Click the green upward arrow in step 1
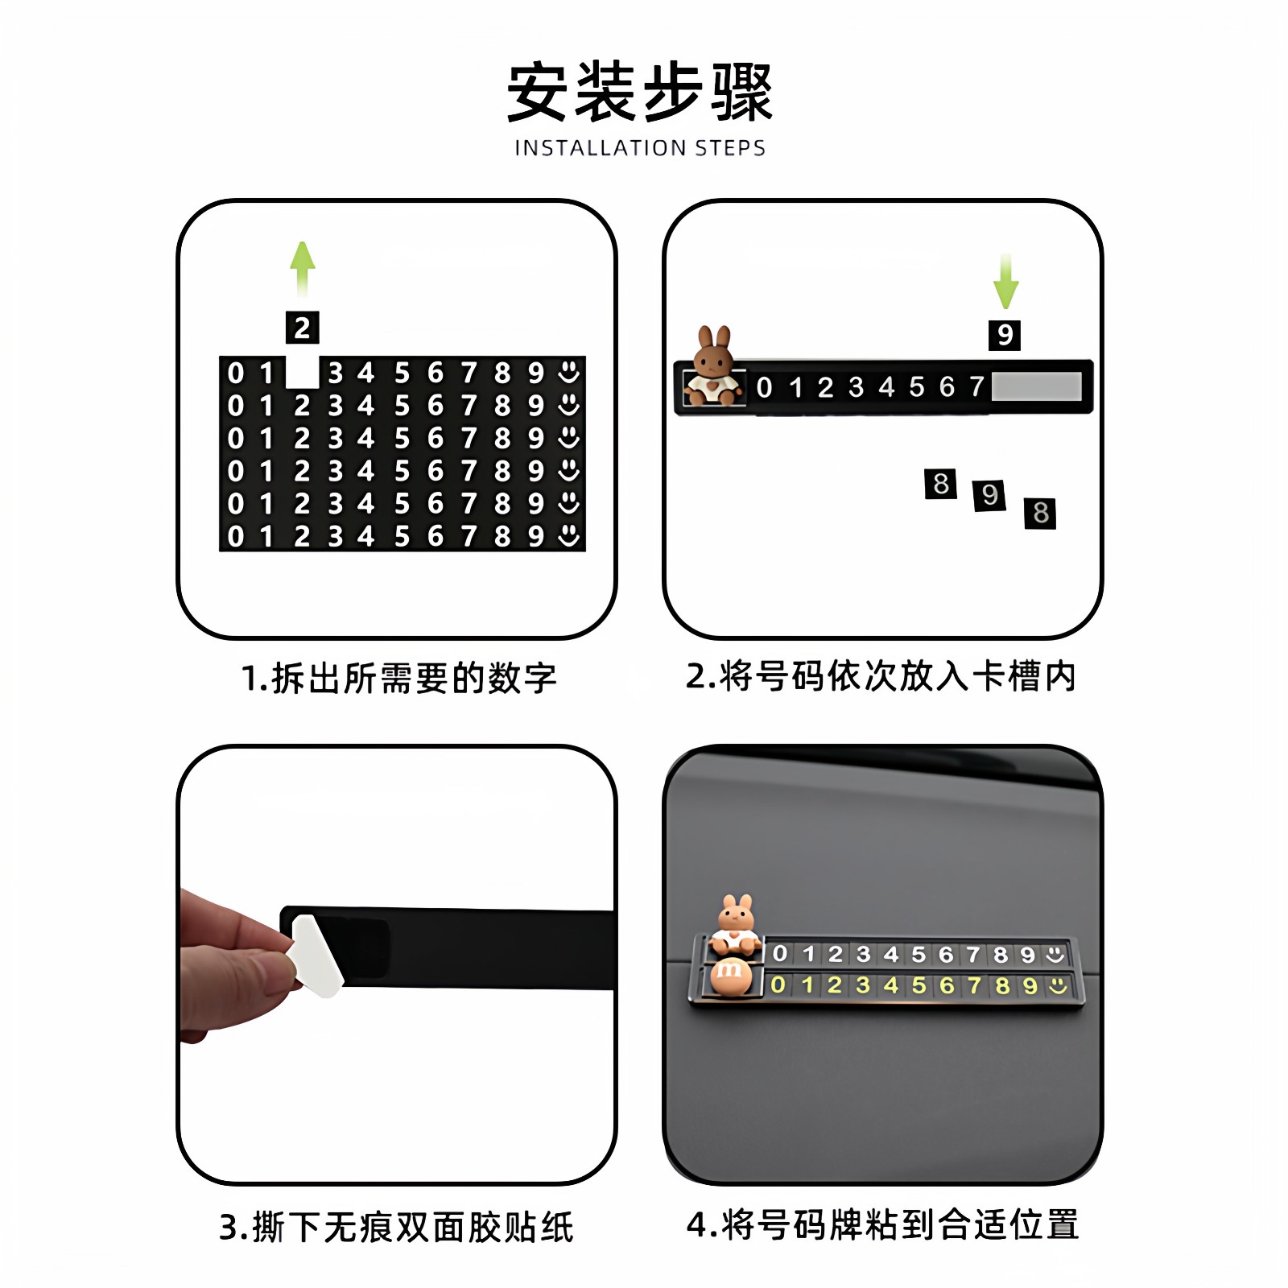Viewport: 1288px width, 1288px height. coord(303,267)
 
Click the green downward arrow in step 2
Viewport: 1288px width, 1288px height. coord(1005,281)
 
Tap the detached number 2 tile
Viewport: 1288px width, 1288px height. coord(303,328)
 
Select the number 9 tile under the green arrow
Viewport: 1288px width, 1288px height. coord(1005,335)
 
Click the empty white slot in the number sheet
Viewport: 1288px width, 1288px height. coord(303,373)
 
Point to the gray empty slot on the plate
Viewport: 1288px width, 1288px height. coord(1036,386)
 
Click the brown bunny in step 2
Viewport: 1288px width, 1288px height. coord(714,367)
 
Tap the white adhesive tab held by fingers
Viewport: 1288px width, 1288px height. coord(316,956)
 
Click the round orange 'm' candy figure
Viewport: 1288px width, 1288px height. coord(730,976)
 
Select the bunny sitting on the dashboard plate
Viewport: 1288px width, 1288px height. coord(737,924)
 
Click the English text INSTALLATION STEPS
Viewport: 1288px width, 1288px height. coord(640,148)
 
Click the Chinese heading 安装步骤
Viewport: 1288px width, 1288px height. coord(640,92)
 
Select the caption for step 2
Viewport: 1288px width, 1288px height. coord(881,676)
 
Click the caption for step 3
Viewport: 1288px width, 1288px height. coord(396,1227)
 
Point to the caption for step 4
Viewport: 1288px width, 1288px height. coord(882,1224)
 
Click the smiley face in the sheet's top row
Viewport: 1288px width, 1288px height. coord(569,372)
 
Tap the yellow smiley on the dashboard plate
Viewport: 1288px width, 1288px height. coord(1058,985)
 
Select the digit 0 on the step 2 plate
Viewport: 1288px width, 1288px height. coord(764,388)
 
